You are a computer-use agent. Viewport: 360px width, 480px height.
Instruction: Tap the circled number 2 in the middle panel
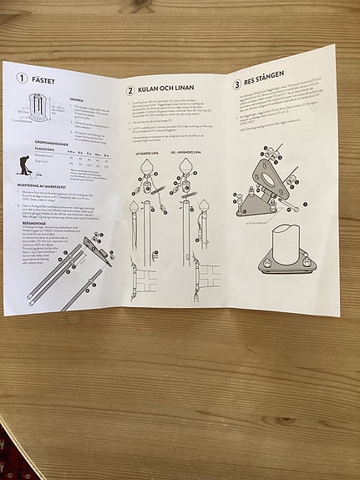(130, 89)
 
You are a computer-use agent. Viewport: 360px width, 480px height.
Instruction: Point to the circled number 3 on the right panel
(237, 83)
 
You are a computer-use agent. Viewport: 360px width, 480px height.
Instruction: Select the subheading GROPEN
(77, 97)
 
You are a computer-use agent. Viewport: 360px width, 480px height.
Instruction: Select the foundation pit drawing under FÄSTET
(34, 110)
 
